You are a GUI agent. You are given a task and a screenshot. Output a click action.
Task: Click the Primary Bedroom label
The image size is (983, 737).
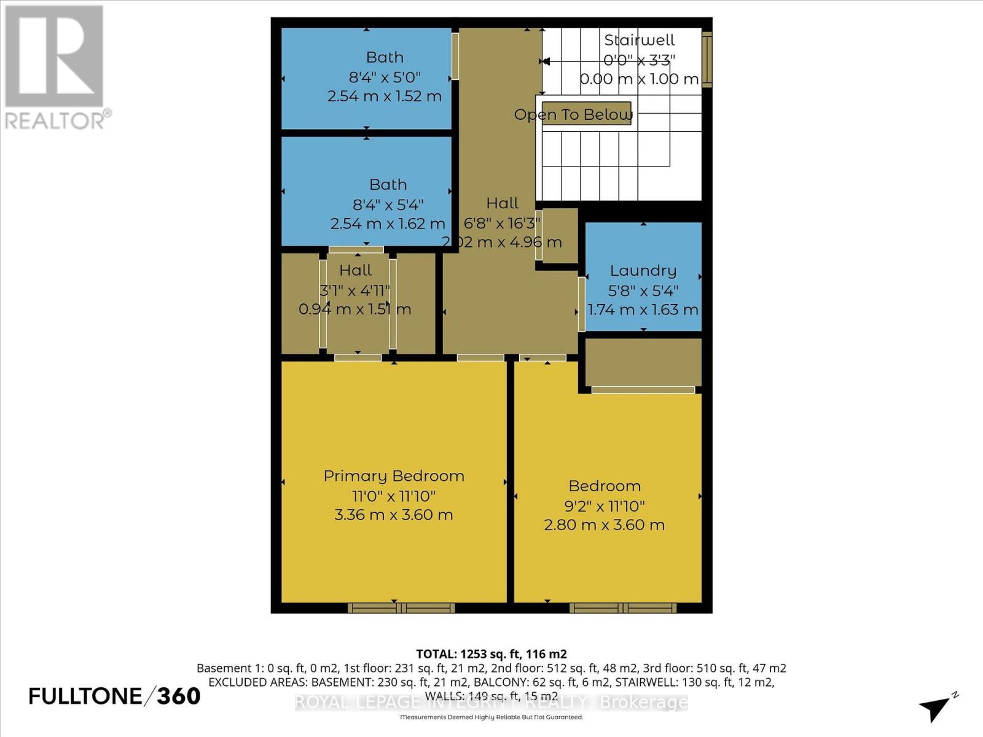pos(394,476)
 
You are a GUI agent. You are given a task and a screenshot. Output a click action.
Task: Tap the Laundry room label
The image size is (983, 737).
pos(643,271)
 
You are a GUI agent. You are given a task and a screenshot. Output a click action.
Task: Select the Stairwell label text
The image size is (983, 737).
pos(639,41)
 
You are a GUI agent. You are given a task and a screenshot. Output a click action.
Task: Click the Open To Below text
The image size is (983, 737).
pos(573,115)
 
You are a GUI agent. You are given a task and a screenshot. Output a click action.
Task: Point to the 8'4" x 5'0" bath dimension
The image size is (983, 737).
pos(385,77)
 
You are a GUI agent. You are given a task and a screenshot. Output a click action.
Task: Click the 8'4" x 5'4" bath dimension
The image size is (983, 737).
pos(388,205)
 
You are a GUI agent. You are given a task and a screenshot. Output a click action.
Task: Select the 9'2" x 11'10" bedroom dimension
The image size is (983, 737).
pos(605,506)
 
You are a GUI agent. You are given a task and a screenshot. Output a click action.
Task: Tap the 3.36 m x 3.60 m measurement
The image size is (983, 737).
pos(394,515)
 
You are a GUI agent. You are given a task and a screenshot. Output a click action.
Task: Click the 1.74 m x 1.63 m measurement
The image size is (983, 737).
pos(643,310)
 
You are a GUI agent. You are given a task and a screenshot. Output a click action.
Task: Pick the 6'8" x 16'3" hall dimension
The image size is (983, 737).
pos(502,223)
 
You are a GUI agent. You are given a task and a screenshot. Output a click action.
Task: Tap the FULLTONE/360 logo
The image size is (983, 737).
pos(115,696)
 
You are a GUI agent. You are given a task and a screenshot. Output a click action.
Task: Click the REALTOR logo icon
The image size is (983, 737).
pos(54,57)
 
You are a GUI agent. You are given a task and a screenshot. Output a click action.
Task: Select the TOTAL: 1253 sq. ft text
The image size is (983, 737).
pos(491,654)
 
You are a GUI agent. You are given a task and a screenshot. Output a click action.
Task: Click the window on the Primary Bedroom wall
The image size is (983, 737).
pos(401,608)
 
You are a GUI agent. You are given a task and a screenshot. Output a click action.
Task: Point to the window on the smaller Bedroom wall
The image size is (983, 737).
pos(623,608)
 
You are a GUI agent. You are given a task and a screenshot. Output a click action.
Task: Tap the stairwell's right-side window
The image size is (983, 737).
pos(707,59)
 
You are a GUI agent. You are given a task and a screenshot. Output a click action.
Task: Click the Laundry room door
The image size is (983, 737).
pos(581,305)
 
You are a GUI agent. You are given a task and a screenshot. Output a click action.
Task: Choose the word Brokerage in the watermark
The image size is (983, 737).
pos(643,702)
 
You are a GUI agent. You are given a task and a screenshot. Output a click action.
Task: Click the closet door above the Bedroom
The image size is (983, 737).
pos(643,390)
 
